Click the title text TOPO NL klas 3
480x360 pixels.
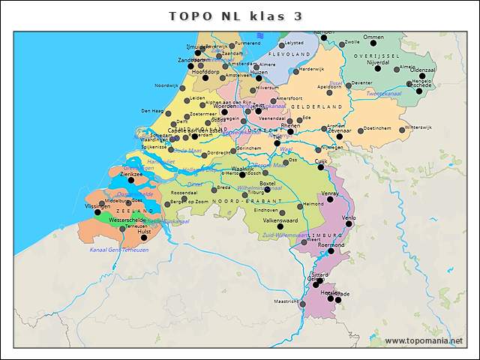click(235, 16)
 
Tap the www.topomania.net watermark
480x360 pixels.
click(424, 341)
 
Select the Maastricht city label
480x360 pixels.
click(286, 301)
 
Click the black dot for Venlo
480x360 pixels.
click(349, 223)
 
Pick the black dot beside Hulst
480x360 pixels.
click(144, 238)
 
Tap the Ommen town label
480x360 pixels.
click(373, 37)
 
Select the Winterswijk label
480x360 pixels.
click(418, 127)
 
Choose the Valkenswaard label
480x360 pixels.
click(280, 220)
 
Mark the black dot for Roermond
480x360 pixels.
click(331, 251)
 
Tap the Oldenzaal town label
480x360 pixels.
click(422, 70)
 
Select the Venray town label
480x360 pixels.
click(331, 193)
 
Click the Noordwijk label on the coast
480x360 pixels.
click(166, 85)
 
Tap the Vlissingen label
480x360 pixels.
click(97, 205)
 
